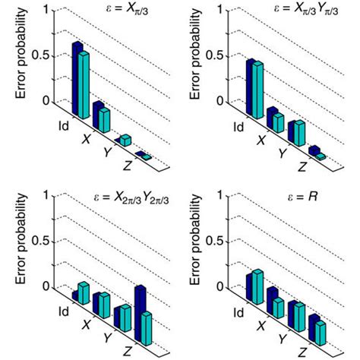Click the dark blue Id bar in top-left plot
77,76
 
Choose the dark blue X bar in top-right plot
272,118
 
